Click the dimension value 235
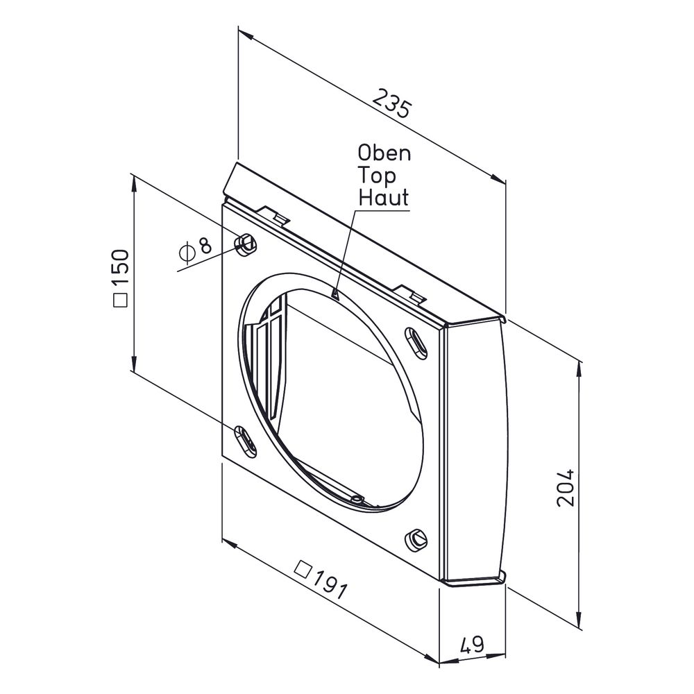tap(392, 103)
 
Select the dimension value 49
tap(472, 645)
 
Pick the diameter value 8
tap(205, 245)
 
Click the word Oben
tap(384, 153)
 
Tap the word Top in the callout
tap(377, 176)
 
